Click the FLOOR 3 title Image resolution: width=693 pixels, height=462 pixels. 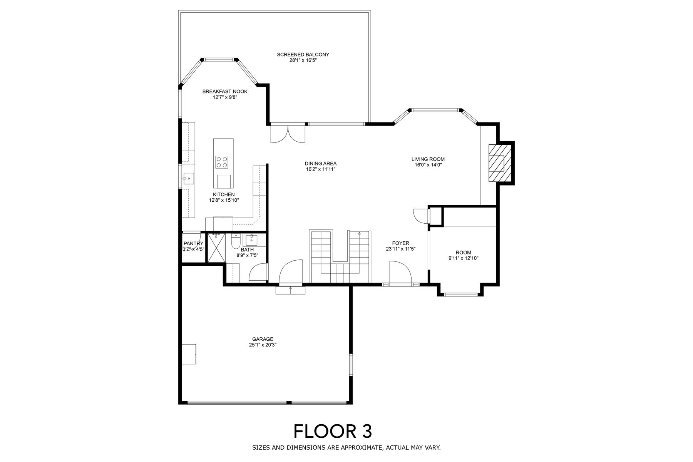click(x=333, y=431)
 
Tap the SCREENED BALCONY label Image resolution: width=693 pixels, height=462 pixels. click(x=303, y=55)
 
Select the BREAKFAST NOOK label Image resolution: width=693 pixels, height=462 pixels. click(x=225, y=91)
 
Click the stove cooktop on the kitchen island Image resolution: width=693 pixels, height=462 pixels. click(x=221, y=162)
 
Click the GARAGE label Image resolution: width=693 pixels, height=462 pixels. click(x=263, y=339)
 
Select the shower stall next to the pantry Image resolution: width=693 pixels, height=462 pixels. click(x=216, y=248)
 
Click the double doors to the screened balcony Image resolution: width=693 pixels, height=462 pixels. click(x=288, y=133)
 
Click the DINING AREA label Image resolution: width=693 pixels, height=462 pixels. click(x=321, y=163)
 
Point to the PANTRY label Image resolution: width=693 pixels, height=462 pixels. click(x=193, y=243)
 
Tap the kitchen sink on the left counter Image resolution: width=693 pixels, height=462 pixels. click(x=189, y=178)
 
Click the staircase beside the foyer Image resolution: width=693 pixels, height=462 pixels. click(x=340, y=256)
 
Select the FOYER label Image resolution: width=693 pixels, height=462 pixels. click(x=400, y=243)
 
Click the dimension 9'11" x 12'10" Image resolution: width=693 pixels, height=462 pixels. click(x=463, y=258)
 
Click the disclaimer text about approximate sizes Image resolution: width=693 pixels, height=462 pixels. click(x=346, y=448)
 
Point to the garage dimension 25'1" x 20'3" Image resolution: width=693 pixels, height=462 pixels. click(x=263, y=345)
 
